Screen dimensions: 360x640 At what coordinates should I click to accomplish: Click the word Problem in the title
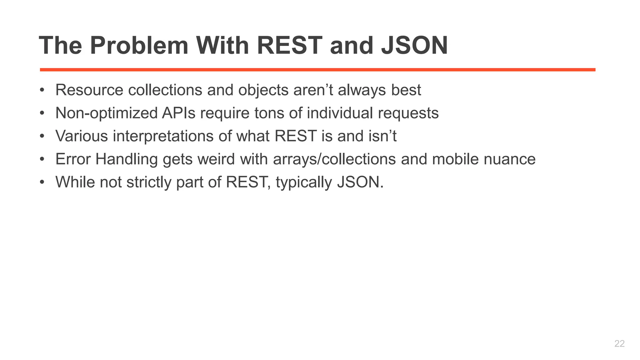(x=139, y=46)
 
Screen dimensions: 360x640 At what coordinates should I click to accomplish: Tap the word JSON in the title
(x=414, y=46)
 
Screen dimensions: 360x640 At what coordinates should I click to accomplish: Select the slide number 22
(x=619, y=343)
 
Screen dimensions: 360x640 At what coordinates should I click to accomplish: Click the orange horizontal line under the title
(x=317, y=70)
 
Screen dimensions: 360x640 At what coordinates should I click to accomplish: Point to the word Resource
(x=89, y=90)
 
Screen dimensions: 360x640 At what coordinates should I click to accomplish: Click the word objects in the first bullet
(x=263, y=90)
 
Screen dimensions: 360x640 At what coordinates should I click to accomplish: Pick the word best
(x=406, y=90)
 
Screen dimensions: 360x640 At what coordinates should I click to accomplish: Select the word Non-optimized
(x=106, y=113)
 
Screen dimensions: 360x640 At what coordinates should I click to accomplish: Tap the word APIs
(x=178, y=113)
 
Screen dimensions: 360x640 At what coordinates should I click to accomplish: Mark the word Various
(x=82, y=136)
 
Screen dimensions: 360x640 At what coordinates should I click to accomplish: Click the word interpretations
(x=163, y=136)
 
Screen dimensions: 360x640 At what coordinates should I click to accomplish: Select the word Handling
(x=127, y=159)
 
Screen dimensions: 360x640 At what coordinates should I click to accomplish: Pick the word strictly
(x=149, y=182)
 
